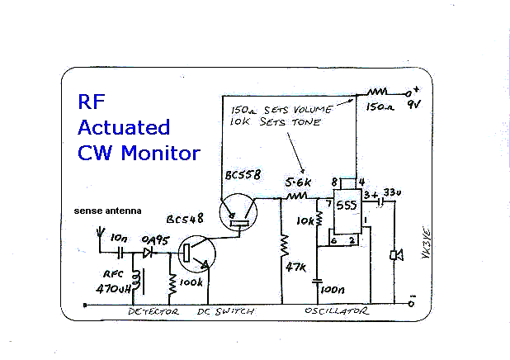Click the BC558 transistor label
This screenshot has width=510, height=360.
243,175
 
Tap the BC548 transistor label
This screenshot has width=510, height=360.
185,219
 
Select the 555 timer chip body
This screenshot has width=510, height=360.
347,211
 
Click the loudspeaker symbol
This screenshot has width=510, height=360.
397,255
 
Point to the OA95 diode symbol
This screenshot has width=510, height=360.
149,253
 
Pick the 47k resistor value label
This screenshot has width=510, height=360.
295,268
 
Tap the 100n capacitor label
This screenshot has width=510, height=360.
333,289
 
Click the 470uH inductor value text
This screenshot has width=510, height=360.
114,288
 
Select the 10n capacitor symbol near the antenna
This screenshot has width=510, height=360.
120,253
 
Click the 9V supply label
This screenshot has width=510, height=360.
414,105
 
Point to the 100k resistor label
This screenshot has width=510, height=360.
191,282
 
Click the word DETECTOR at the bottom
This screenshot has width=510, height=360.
153,311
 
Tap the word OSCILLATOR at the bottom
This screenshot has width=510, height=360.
337,310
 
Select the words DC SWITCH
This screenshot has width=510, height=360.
225,311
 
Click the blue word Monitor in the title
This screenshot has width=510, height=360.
161,153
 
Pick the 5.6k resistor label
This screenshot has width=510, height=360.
298,182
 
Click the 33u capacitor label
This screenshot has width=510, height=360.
392,192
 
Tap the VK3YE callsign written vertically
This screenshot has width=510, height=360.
426,244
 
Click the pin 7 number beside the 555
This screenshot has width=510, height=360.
328,204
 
